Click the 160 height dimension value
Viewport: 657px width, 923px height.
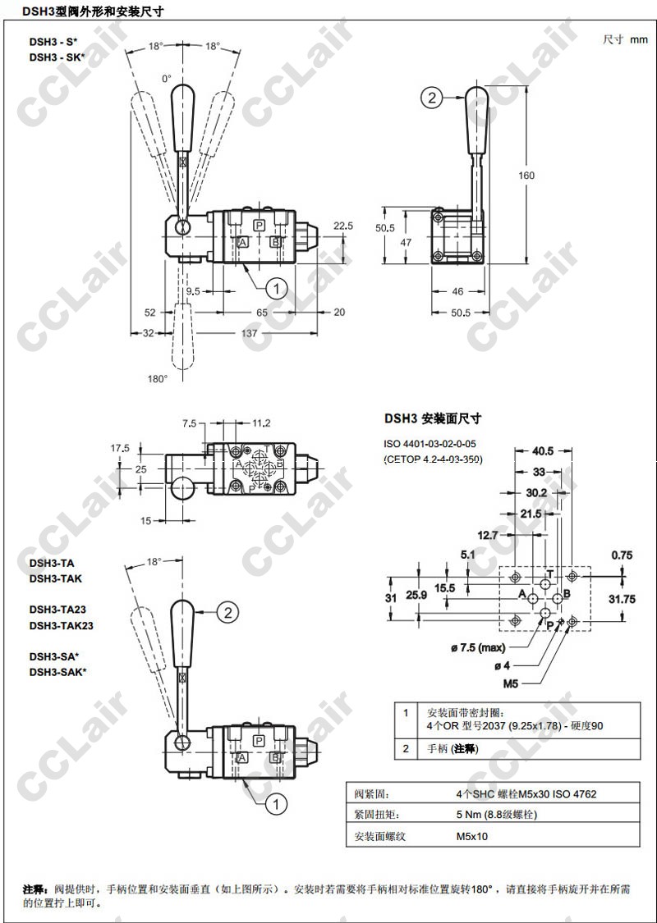pyautogui.click(x=526, y=176)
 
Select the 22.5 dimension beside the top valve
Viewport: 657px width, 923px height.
pyautogui.click(x=343, y=226)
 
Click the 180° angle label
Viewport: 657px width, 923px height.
pyautogui.click(x=157, y=378)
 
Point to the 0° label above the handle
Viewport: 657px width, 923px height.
pyautogui.click(x=167, y=78)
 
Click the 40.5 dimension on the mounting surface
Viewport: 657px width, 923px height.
pyautogui.click(x=543, y=450)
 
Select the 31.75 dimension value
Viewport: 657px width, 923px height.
pyautogui.click(x=622, y=599)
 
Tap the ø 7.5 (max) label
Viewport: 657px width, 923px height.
pyautogui.click(x=478, y=648)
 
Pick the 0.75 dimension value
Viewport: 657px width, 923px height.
pyautogui.click(x=622, y=555)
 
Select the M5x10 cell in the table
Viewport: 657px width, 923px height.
pyautogui.click(x=472, y=836)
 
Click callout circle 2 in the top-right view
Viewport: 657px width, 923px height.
pyautogui.click(x=432, y=98)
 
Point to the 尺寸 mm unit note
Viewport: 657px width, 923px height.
pyautogui.click(x=625, y=39)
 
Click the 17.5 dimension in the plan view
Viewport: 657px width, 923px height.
pyautogui.click(x=121, y=448)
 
